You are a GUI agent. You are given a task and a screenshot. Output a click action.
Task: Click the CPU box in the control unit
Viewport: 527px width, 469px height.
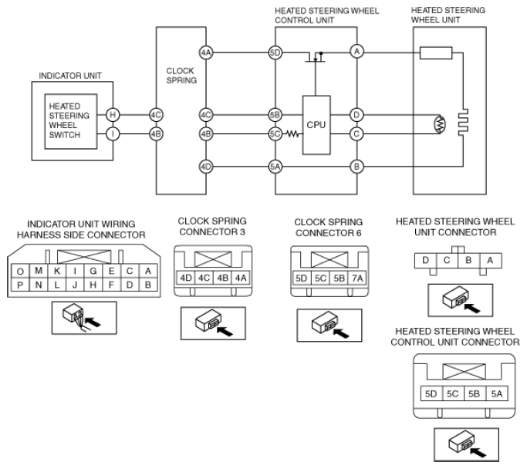(316, 125)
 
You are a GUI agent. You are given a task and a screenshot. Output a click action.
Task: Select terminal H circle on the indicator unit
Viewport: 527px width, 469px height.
(113, 115)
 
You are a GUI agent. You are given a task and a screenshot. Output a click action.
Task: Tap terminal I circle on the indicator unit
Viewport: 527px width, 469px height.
(113, 134)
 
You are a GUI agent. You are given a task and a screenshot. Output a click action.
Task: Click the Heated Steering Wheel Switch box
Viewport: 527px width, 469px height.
(71, 121)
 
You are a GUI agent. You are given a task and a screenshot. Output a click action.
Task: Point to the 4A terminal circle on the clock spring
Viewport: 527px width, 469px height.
(206, 52)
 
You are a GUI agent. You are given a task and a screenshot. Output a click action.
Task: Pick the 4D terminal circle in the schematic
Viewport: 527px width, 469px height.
(206, 167)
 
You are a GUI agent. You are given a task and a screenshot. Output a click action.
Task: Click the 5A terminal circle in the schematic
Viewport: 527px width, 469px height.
(275, 167)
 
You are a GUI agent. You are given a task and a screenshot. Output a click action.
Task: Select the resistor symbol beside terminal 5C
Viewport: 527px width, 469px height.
(292, 134)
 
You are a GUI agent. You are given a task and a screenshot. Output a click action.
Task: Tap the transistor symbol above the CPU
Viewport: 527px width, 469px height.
(316, 57)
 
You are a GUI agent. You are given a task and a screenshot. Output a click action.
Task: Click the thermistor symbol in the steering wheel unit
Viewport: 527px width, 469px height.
(440, 124)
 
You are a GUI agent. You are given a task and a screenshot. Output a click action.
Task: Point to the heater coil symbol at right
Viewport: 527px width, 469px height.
(463, 123)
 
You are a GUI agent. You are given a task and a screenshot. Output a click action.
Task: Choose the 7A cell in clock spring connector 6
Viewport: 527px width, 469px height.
(357, 278)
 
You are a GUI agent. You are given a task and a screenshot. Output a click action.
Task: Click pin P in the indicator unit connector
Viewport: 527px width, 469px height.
(20, 285)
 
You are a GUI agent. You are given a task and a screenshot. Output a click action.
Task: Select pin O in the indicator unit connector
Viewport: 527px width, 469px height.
(20, 271)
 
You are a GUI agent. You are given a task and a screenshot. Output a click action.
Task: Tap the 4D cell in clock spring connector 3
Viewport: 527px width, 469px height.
(185, 278)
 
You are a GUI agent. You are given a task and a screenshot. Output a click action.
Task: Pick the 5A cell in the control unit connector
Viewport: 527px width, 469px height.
(496, 393)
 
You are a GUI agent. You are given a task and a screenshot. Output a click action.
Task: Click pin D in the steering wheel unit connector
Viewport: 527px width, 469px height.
(425, 261)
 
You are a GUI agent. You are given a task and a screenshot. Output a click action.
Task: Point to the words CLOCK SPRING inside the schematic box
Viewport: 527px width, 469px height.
(181, 76)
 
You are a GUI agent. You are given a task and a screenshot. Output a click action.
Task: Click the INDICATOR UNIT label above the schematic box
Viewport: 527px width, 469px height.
(70, 76)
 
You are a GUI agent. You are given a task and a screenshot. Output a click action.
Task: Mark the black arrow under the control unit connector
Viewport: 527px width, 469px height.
(478, 452)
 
